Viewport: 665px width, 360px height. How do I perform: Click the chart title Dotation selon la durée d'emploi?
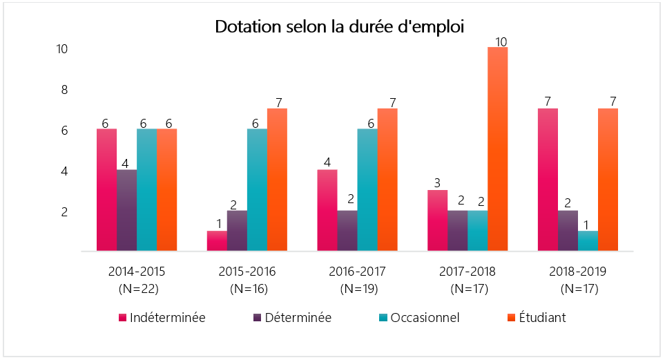tap(339, 27)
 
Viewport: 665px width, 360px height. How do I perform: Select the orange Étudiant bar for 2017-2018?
tap(497, 149)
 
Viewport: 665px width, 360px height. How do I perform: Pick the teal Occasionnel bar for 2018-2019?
tap(588, 240)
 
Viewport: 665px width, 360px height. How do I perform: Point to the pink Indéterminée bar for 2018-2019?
tap(548, 179)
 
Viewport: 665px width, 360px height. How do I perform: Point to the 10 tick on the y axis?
tap(62, 49)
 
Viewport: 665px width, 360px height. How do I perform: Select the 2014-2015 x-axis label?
tap(137, 271)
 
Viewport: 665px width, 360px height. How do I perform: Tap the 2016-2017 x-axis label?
tap(357, 271)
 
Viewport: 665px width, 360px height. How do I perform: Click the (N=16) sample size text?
tap(247, 288)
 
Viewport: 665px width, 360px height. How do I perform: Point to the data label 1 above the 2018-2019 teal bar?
tap(588, 224)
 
